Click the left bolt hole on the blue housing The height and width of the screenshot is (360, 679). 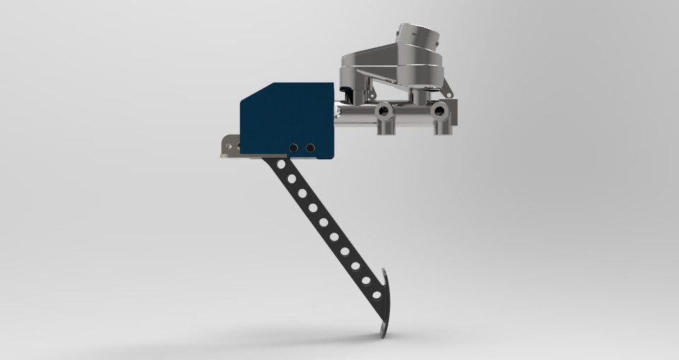[x=293, y=148]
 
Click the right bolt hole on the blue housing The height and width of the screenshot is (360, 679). [x=310, y=148]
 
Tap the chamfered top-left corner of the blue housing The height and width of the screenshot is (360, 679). [x=252, y=93]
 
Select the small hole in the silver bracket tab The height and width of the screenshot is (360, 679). [x=228, y=146]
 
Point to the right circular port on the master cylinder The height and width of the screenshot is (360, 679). [x=439, y=110]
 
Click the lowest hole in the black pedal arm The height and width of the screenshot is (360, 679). [x=376, y=294]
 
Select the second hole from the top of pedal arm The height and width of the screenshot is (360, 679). [x=291, y=178]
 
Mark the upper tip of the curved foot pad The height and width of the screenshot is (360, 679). [x=385, y=272]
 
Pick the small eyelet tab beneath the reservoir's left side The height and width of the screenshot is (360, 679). [x=369, y=91]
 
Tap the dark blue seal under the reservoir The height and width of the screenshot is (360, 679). [x=346, y=91]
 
